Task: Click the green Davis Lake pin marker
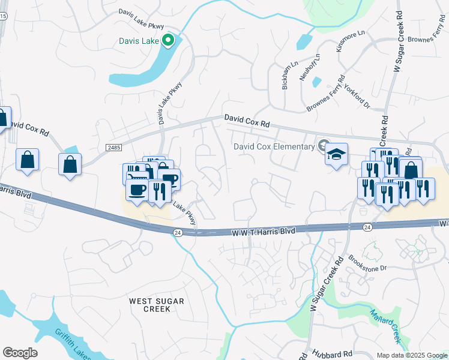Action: click(169, 41)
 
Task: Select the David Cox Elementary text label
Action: click(274, 146)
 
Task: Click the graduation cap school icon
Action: click(337, 153)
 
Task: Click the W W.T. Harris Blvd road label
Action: click(264, 230)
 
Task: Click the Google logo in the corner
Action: click(20, 352)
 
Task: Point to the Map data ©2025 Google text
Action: click(411, 355)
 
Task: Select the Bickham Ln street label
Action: click(286, 75)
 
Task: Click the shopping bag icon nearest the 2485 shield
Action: click(70, 164)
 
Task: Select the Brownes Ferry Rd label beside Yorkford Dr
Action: click(326, 92)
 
